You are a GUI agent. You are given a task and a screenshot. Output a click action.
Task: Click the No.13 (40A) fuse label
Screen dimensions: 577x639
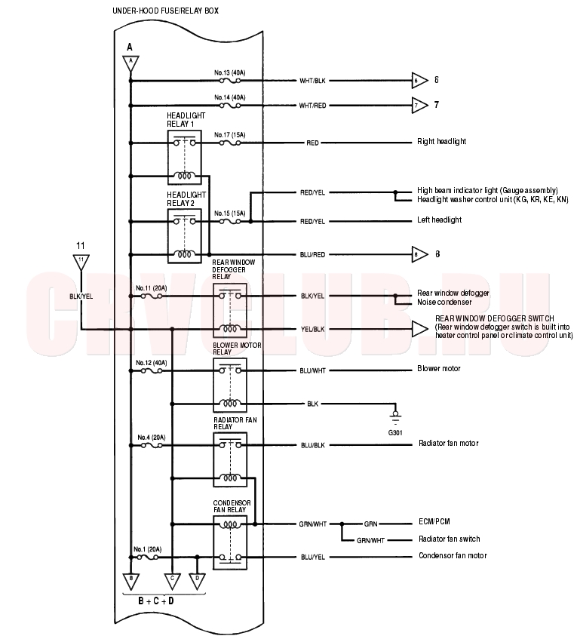(230, 73)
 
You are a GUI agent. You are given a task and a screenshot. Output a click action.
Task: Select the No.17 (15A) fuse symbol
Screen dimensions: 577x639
(230, 143)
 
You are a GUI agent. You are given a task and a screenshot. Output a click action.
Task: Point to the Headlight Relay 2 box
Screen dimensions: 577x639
(185, 236)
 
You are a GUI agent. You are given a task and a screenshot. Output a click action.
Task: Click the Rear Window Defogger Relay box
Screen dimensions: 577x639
(230, 311)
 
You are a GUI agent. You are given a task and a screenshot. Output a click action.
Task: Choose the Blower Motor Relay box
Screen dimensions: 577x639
(230, 385)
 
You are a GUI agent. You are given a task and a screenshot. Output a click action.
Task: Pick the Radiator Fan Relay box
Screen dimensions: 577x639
(230, 459)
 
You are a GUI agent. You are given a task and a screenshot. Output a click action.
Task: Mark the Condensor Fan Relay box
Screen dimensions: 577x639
(230, 542)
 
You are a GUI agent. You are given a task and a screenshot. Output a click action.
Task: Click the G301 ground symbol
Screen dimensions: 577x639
(395, 417)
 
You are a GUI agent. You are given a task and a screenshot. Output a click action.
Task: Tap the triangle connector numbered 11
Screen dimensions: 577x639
(81, 262)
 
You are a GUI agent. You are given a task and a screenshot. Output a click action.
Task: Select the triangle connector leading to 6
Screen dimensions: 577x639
(419, 81)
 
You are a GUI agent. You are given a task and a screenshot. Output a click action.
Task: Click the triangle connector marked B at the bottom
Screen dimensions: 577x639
(130, 581)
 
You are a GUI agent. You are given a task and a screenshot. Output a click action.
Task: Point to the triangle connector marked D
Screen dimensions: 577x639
(197, 581)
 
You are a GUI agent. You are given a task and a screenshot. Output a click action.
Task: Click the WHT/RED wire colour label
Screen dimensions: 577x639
(312, 106)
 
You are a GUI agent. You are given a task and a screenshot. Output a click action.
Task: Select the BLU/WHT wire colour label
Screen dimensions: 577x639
(312, 371)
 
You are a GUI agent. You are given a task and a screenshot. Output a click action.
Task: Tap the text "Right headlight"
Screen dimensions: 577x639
(442, 141)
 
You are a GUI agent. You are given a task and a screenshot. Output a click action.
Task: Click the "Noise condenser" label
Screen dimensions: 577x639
(444, 302)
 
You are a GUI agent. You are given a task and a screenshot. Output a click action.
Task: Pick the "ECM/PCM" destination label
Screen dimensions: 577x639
(434, 521)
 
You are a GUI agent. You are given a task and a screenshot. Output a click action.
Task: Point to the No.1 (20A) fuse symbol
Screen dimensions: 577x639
(148, 557)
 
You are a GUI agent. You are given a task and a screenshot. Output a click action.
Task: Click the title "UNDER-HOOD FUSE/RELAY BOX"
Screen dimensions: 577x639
(165, 11)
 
